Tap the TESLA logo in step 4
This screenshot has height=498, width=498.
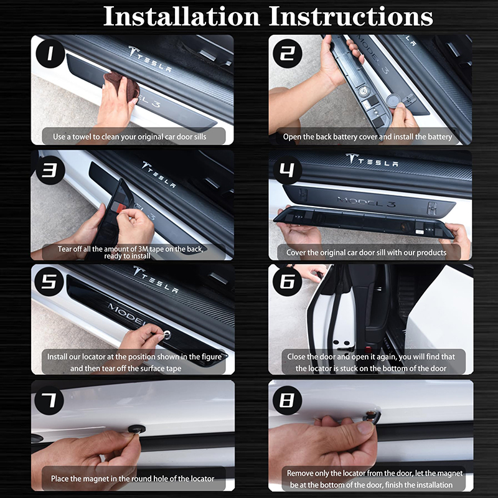(x=372, y=161)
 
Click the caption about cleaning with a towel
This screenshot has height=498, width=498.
(x=129, y=136)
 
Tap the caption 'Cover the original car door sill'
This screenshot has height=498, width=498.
(x=366, y=252)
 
